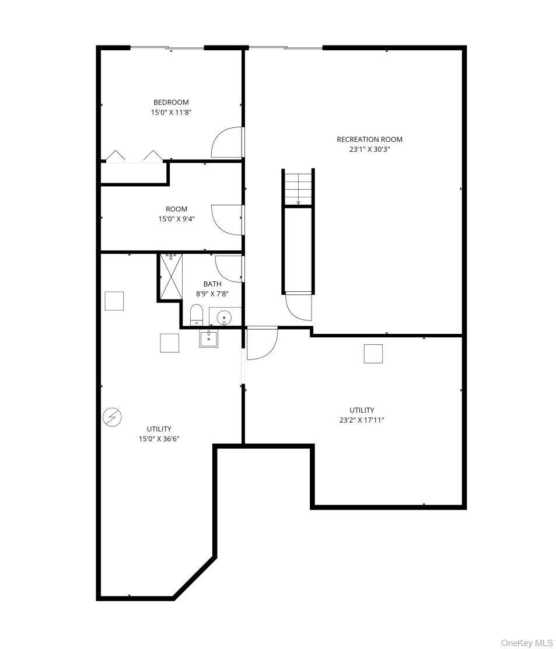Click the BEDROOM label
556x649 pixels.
tap(171, 102)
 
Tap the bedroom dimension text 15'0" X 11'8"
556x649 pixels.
tap(171, 112)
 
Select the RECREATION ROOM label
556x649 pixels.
tap(369, 139)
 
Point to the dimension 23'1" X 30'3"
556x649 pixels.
tap(369, 149)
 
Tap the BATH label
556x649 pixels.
tap(212, 284)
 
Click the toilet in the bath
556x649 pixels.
tap(197, 315)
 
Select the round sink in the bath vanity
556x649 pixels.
tap(224, 318)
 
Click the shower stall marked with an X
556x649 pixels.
tap(171, 277)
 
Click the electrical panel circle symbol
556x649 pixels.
tap(112, 417)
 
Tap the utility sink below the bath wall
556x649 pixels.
tap(209, 339)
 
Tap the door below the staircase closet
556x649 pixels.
tap(298, 306)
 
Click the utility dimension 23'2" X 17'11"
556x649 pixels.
tap(362, 420)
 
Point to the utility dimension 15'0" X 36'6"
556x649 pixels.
tap(159, 439)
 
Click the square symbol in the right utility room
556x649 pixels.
tap(373, 354)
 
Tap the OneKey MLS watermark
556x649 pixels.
tap(526, 643)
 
